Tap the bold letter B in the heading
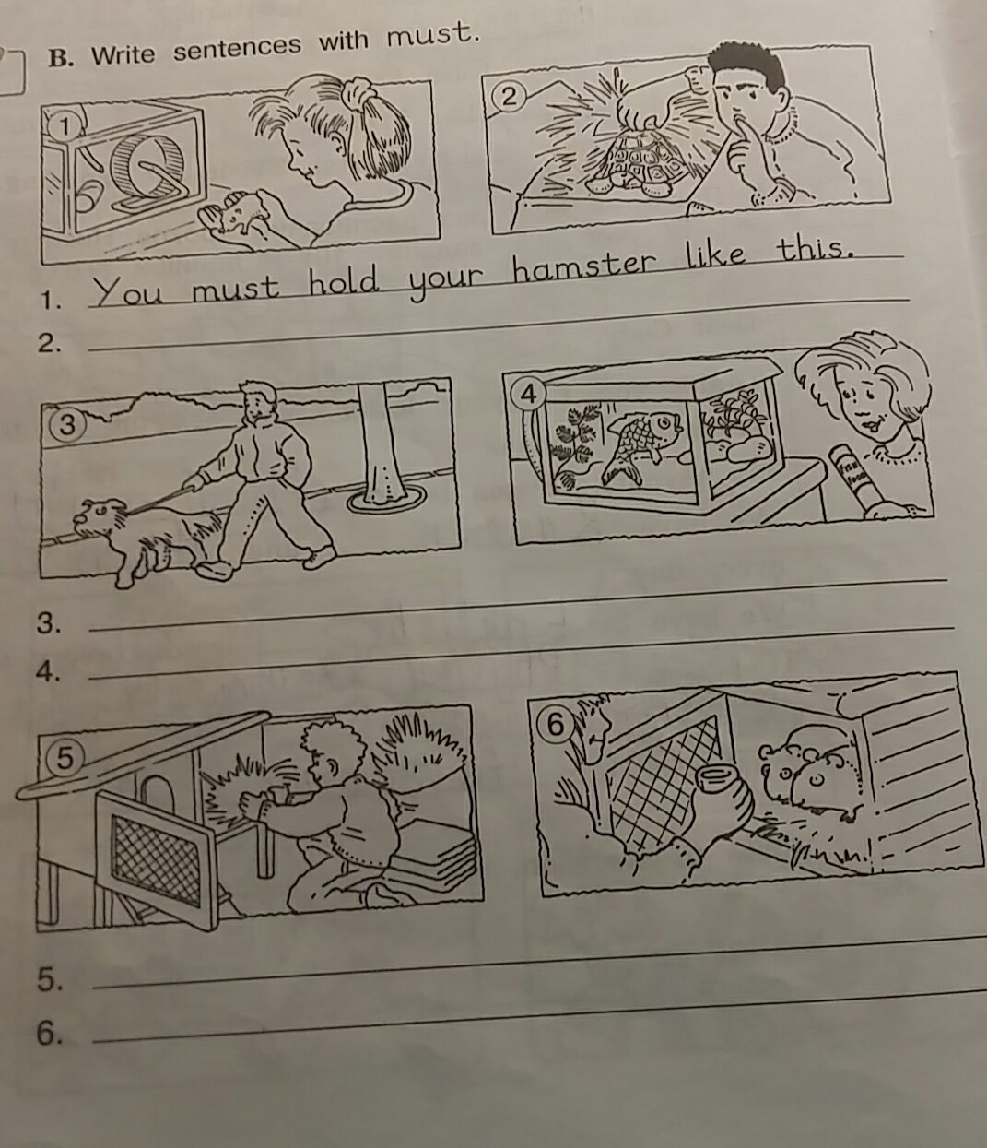[x=58, y=58]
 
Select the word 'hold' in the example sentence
[x=344, y=281]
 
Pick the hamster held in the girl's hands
[x=236, y=211]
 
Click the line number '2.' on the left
[x=49, y=344]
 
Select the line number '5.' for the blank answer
[x=50, y=980]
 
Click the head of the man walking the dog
[x=259, y=401]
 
